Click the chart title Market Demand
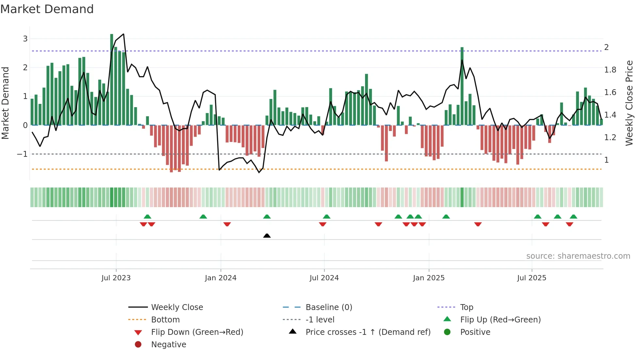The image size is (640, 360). [x=47, y=9]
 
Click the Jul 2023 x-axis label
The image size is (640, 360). [x=116, y=278]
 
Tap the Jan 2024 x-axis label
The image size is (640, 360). [x=220, y=278]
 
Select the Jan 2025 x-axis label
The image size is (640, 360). [x=428, y=278]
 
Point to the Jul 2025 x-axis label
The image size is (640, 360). [x=531, y=278]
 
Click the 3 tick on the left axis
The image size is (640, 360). [x=25, y=39]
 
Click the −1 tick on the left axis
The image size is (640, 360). [x=22, y=154]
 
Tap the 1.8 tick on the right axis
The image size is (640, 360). [x=610, y=70]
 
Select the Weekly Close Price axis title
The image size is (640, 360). [x=629, y=103]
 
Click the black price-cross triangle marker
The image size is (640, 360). [x=267, y=236]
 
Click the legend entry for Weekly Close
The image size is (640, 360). [x=177, y=307]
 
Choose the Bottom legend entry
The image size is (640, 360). [x=165, y=320]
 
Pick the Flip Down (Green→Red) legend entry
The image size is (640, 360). [x=197, y=332]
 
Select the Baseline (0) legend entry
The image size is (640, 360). [x=328, y=307]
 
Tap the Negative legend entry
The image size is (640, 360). [x=168, y=345]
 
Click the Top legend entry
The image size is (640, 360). [x=466, y=307]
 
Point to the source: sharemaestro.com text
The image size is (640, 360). [x=578, y=256]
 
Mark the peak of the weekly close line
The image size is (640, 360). [x=123, y=34]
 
